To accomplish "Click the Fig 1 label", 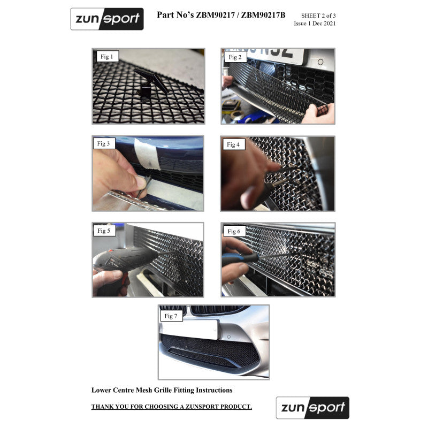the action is point(108,57).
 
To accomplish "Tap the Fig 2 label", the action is point(235,57).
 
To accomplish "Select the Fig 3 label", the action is point(104,143).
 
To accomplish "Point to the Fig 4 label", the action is point(234,144).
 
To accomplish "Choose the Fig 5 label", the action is point(104,231).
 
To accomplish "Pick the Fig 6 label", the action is point(234,232).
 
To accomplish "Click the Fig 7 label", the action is point(171,316).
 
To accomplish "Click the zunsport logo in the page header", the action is point(107,19).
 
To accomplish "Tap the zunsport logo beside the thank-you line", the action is point(312,408).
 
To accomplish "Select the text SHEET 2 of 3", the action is point(318,16).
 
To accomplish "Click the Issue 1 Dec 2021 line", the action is point(315,24).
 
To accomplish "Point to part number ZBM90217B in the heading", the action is point(263,15).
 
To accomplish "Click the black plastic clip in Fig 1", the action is point(151,83).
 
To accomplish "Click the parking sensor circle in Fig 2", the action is point(320,62).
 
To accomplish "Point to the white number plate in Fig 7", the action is point(190,330).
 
